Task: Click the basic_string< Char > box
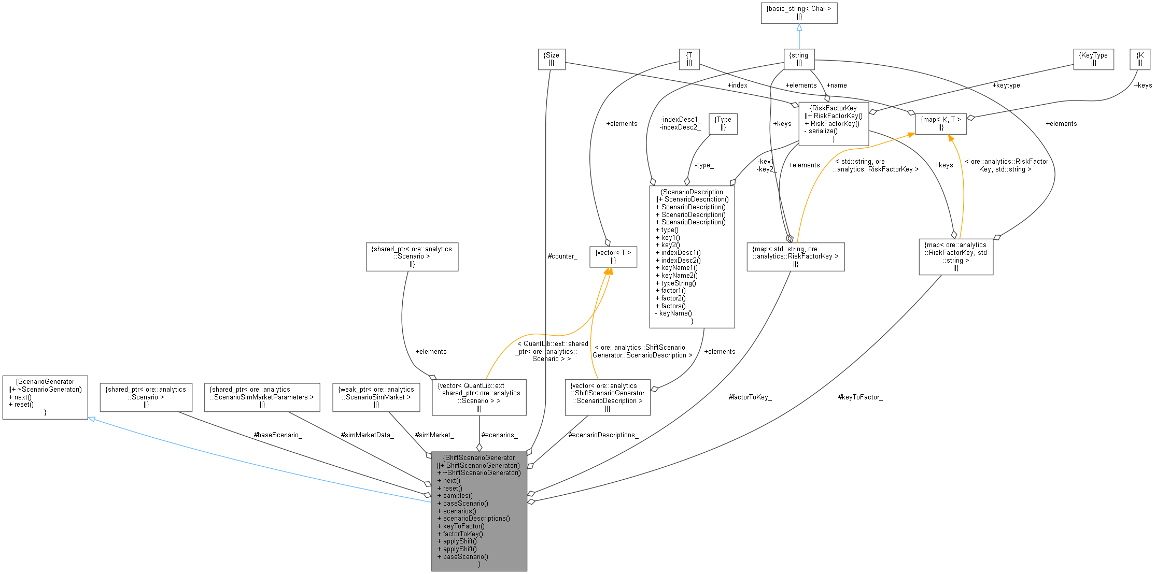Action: [x=799, y=13]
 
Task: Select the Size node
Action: [x=552, y=59]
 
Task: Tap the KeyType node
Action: [x=1093, y=59]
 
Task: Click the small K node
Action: [x=1140, y=59]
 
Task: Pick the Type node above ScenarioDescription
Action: [x=723, y=123]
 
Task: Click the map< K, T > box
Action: [x=940, y=123]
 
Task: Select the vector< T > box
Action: [x=613, y=256]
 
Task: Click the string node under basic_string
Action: [x=799, y=59]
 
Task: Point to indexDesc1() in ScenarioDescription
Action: [x=681, y=253]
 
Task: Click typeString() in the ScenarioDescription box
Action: [x=679, y=283]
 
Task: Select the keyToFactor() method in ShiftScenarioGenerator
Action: [x=463, y=526]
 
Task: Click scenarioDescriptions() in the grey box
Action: [x=476, y=518]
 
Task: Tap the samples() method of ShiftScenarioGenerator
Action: [x=458, y=495]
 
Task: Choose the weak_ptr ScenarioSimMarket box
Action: [x=376, y=397]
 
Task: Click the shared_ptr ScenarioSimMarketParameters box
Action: [x=262, y=397]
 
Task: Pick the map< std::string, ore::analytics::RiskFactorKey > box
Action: [x=795, y=256]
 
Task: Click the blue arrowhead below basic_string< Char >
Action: [x=799, y=27]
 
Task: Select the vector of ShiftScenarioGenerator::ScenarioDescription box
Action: [x=608, y=397]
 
